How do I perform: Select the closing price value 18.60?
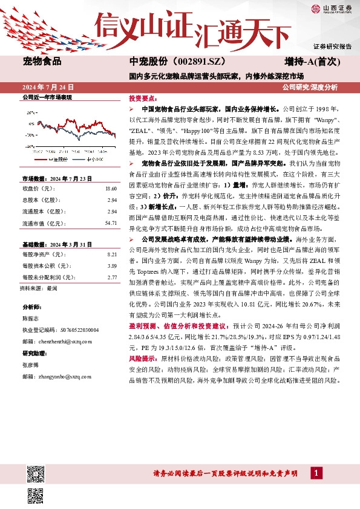coord(110,189)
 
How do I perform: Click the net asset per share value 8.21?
coord(111,255)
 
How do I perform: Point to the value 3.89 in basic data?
coord(111,266)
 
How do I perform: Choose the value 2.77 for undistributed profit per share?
coord(111,277)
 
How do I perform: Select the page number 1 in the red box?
coord(316,472)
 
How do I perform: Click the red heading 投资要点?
coord(140,98)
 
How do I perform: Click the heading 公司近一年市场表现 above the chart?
coord(47,97)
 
